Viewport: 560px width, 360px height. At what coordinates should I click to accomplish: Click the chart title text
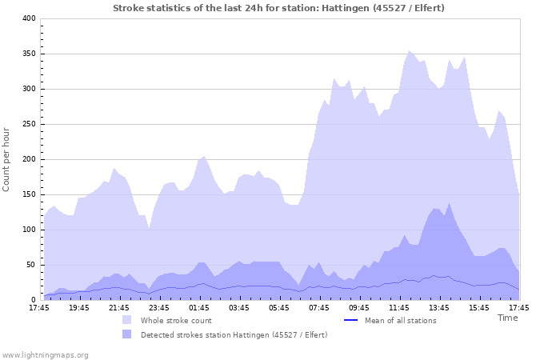tap(278, 8)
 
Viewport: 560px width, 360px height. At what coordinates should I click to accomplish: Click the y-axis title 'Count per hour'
tap(7, 158)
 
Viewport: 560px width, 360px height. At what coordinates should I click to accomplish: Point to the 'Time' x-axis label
tap(507, 318)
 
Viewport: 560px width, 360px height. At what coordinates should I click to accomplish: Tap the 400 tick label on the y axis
tap(28, 18)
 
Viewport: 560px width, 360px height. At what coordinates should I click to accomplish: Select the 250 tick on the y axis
tap(28, 124)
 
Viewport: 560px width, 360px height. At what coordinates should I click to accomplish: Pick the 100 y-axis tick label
tap(28, 230)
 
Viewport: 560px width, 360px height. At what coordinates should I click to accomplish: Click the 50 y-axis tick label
tap(30, 265)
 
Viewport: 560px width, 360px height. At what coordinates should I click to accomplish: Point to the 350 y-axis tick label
tap(28, 54)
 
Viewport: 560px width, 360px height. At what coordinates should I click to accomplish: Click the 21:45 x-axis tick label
tap(118, 307)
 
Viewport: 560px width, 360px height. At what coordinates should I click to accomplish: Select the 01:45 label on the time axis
tap(199, 307)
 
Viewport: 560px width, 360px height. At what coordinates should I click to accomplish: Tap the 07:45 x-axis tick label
tap(319, 307)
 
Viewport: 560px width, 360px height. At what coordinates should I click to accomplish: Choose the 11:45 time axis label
tap(399, 307)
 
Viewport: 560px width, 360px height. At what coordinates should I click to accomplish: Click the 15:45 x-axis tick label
tap(479, 307)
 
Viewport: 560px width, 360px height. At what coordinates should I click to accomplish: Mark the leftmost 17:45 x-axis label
tap(38, 307)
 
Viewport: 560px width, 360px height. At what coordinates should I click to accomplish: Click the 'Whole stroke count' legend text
tap(176, 321)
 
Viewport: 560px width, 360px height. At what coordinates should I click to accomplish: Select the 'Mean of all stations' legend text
tap(400, 321)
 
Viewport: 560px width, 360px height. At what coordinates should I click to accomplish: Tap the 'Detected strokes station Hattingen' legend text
tap(234, 334)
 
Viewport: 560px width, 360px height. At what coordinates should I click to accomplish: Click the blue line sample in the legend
tap(350, 321)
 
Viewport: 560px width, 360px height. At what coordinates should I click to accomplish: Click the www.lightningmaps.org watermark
tap(45, 354)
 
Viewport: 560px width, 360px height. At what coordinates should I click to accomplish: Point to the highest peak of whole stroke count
tap(410, 51)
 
